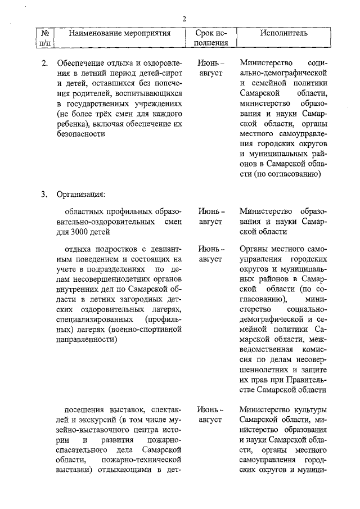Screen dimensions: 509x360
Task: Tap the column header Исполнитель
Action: (x=283, y=33)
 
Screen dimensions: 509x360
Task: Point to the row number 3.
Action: (x=44, y=195)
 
